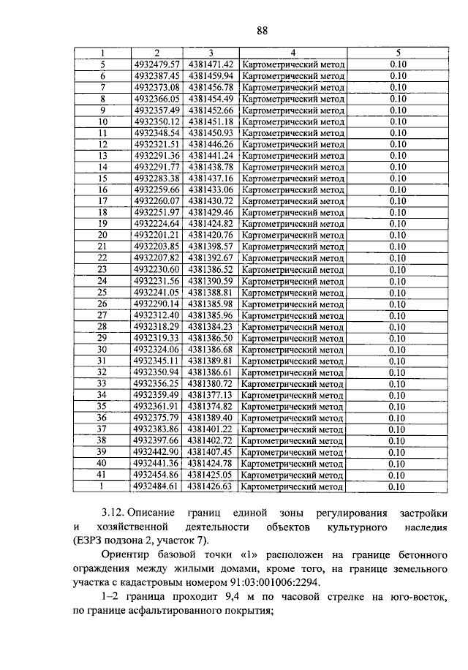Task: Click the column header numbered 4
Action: tap(292, 53)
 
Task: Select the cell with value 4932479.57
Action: tap(156, 64)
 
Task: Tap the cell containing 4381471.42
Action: tap(211, 64)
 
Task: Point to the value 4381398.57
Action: tap(211, 246)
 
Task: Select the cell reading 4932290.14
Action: tap(156, 304)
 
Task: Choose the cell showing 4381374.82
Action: tap(211, 406)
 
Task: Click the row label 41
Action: tap(102, 474)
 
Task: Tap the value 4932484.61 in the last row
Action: tap(156, 486)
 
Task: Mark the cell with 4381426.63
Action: tap(211, 486)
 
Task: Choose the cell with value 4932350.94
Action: tap(156, 372)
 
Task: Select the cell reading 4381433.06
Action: tap(211, 189)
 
